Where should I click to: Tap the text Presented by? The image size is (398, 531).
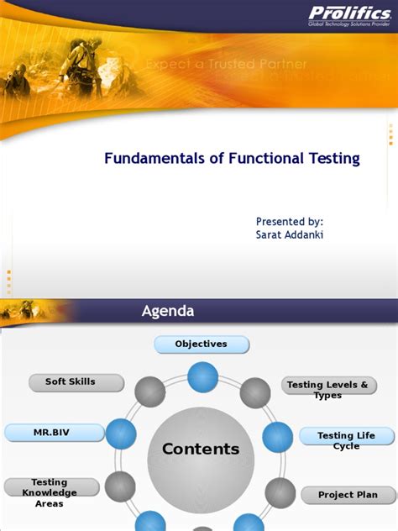click(x=289, y=221)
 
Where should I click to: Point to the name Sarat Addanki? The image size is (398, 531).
click(x=289, y=234)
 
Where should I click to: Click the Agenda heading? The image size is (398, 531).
click(x=167, y=311)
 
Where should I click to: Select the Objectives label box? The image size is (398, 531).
click(x=202, y=344)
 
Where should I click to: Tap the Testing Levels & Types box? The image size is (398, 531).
click(x=327, y=389)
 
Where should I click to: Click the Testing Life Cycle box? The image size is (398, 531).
click(x=346, y=439)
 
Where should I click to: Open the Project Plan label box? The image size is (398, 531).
click(x=348, y=495)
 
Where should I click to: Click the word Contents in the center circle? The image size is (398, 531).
click(x=201, y=450)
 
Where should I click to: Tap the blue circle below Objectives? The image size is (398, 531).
click(x=202, y=376)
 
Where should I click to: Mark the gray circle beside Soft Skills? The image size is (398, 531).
click(x=149, y=392)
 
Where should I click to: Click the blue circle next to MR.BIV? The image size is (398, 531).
click(x=121, y=434)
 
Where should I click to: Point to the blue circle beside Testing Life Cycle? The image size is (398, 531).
click(x=278, y=437)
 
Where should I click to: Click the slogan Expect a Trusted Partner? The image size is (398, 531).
click(x=226, y=64)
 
